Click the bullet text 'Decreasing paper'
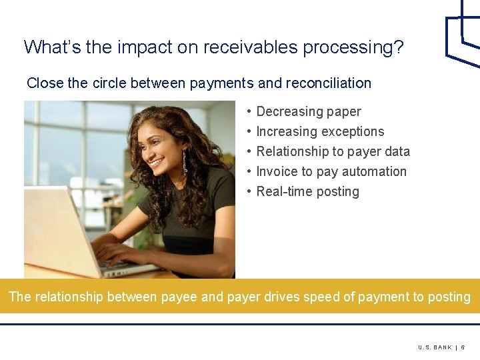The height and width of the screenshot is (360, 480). click(309, 111)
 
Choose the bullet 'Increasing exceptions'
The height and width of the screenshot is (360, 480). click(320, 131)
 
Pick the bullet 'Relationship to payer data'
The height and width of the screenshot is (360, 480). click(333, 151)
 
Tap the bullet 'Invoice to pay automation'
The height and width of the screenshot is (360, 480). click(331, 171)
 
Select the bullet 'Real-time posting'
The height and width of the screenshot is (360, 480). click(307, 191)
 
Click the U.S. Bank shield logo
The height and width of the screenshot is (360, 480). click(463, 33)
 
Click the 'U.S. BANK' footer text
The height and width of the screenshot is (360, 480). click(435, 347)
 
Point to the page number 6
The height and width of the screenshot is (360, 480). click(463, 347)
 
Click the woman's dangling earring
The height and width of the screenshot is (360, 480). click(185, 162)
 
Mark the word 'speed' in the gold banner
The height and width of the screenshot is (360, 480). click(321, 297)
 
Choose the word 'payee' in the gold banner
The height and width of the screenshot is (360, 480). click(179, 297)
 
